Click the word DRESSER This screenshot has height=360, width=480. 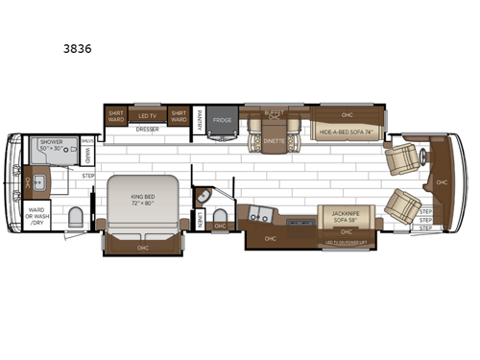click(147, 128)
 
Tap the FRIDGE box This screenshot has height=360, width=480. click(223, 120)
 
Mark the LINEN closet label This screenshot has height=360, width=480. click(199, 221)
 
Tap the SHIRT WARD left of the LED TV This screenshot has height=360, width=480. click(115, 115)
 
